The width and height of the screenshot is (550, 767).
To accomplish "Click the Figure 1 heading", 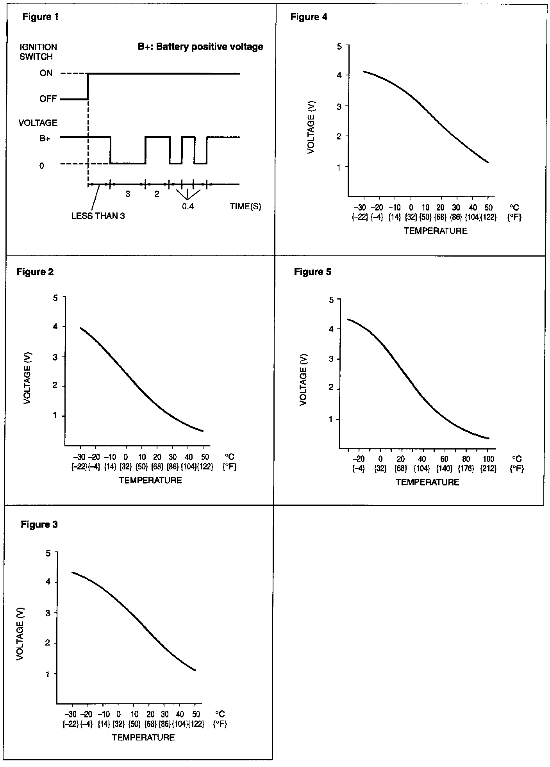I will point(40,17).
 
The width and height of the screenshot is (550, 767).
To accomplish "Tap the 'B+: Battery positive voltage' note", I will point(200,47).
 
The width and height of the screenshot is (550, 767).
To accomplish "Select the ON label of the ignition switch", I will point(46,73).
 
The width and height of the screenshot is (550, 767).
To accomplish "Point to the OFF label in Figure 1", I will point(48,99).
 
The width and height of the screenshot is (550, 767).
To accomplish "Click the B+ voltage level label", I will point(45,138).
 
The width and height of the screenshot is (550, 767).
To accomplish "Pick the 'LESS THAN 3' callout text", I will point(98,216).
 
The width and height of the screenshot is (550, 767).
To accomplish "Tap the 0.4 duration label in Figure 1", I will point(188,207).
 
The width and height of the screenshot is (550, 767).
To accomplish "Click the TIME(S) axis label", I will point(245,207).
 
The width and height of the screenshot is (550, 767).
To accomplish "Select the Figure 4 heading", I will point(309,17).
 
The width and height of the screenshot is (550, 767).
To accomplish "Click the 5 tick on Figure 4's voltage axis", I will point(339,46).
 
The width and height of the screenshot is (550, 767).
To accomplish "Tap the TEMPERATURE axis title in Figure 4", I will point(435,231).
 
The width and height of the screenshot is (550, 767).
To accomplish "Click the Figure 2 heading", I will point(35,272).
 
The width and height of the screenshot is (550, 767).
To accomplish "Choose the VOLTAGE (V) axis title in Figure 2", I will point(27,378).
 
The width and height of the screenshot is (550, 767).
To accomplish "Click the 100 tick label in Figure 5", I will point(489,459).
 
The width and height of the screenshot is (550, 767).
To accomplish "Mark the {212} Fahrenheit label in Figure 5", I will point(489,469).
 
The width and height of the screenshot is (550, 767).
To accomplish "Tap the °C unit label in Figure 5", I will point(517,459).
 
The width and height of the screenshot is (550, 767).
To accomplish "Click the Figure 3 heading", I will point(39,524).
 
